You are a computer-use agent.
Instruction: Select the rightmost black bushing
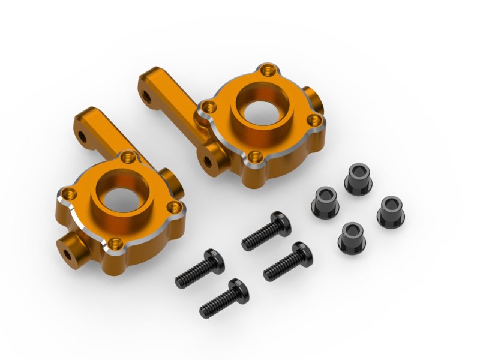click(x=391, y=209)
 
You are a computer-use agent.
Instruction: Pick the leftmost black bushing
click(x=325, y=200)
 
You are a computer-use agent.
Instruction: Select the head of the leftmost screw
click(x=211, y=259)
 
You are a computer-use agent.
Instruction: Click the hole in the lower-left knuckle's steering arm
click(x=83, y=137)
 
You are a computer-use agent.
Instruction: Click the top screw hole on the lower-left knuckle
click(x=127, y=158)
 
